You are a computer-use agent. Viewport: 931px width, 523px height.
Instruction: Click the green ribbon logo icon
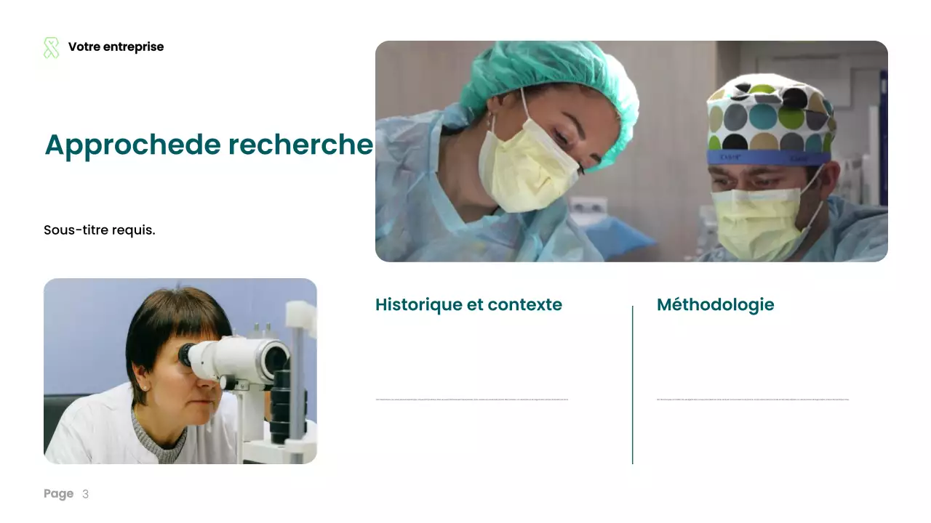pyautogui.click(x=51, y=48)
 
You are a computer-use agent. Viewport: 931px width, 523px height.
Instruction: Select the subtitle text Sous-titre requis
pyautogui.click(x=100, y=230)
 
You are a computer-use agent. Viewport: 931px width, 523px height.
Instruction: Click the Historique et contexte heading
pyautogui.click(x=468, y=305)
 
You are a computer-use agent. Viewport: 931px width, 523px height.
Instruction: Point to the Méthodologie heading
pyautogui.click(x=715, y=305)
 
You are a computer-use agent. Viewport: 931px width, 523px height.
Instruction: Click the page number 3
pyautogui.click(x=85, y=495)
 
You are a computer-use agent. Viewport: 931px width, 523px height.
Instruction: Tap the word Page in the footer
pyautogui.click(x=58, y=494)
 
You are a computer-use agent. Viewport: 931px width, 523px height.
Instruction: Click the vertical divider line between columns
pyautogui.click(x=633, y=385)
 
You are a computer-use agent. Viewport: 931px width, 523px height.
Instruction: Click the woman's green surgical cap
pyautogui.click(x=553, y=73)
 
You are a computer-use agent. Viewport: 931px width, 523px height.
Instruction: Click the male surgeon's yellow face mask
pyautogui.click(x=760, y=222)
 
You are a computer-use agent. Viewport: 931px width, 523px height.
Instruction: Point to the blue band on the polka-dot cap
pyautogui.click(x=767, y=158)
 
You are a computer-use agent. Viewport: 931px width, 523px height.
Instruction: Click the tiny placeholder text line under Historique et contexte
pyautogui.click(x=471, y=400)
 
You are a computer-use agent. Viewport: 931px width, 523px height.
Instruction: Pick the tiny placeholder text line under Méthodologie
pyautogui.click(x=752, y=400)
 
